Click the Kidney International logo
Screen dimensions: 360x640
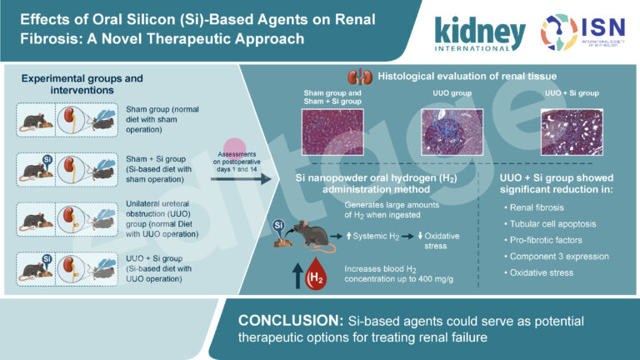coord(478,32)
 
